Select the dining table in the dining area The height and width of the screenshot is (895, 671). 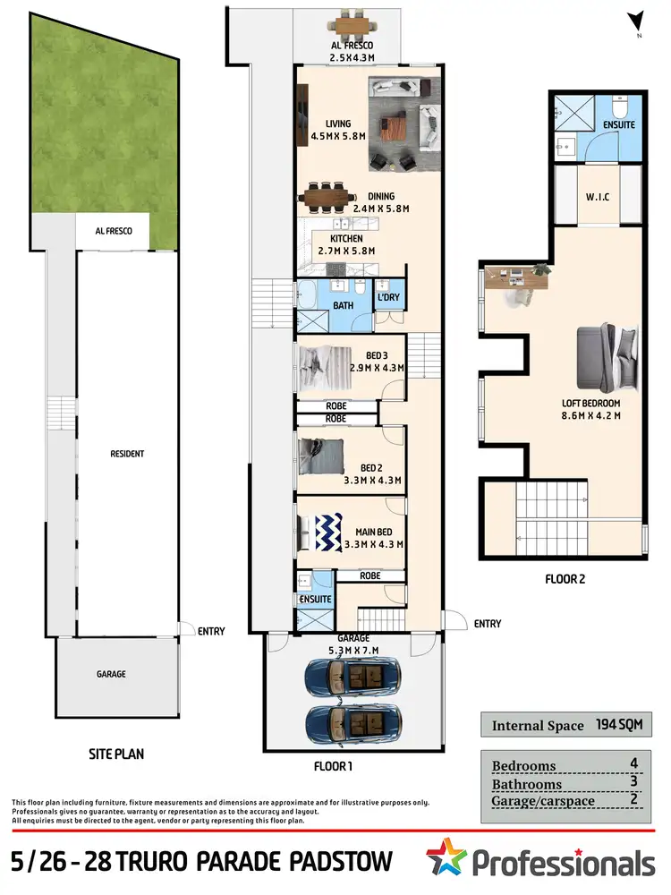(329, 195)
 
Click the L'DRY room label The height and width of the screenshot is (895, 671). (388, 297)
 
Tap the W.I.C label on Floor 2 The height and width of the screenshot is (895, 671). (597, 197)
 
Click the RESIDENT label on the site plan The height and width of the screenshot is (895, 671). (126, 454)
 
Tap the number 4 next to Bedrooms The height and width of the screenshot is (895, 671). (633, 764)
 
